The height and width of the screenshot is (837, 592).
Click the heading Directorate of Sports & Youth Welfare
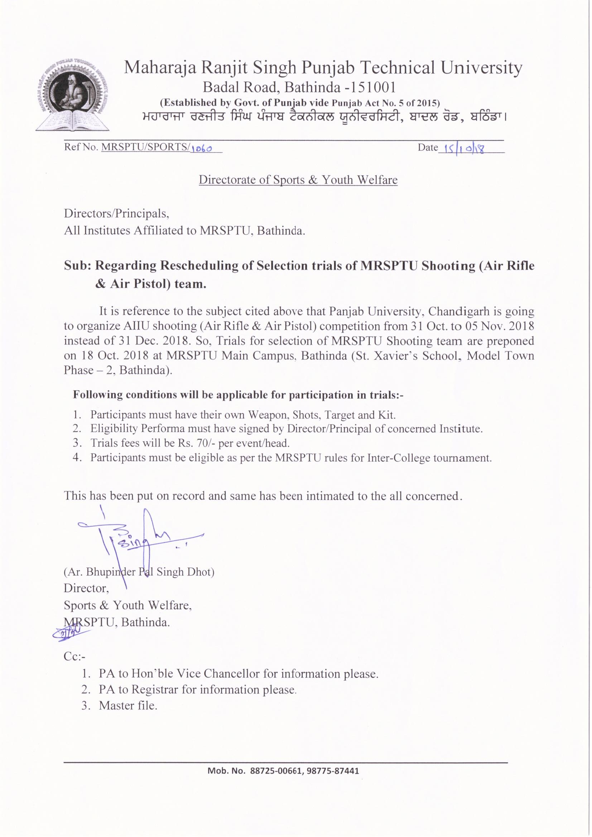tap(298, 180)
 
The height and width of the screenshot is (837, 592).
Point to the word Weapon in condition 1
tap(269, 415)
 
